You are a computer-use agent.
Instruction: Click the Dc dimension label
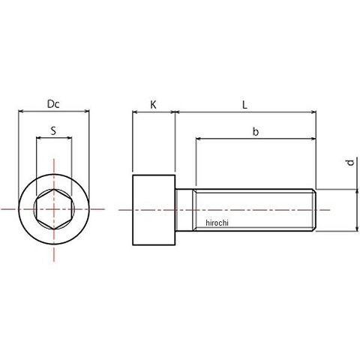[53, 104]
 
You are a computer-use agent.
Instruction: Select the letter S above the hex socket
[53, 130]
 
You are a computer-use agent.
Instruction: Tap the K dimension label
[153, 105]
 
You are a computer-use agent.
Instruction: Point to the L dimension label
[244, 105]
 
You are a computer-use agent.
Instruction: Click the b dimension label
[255, 131]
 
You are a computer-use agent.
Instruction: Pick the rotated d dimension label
[351, 163]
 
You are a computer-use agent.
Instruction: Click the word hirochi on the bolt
[217, 223]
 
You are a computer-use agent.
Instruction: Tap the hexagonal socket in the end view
[54, 209]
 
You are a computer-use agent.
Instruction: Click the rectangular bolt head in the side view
[154, 210]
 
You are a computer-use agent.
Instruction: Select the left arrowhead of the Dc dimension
[21, 111]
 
